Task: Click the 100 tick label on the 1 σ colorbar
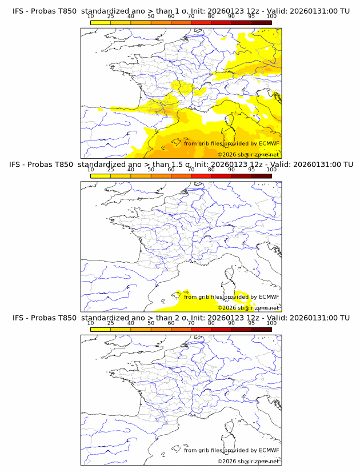coord(271,16)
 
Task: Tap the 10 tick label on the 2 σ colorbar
coord(91,323)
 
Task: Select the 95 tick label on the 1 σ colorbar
coord(251,16)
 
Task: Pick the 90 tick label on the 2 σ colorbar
coord(231,323)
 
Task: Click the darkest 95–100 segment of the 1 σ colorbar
coord(261,22)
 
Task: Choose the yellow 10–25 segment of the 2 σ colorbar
coord(101,329)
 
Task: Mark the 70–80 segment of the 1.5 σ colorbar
coord(201,176)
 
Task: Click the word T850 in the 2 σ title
coord(66,317)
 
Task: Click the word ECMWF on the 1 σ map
coord(269,143)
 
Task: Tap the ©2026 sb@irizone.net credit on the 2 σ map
coord(248,461)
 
